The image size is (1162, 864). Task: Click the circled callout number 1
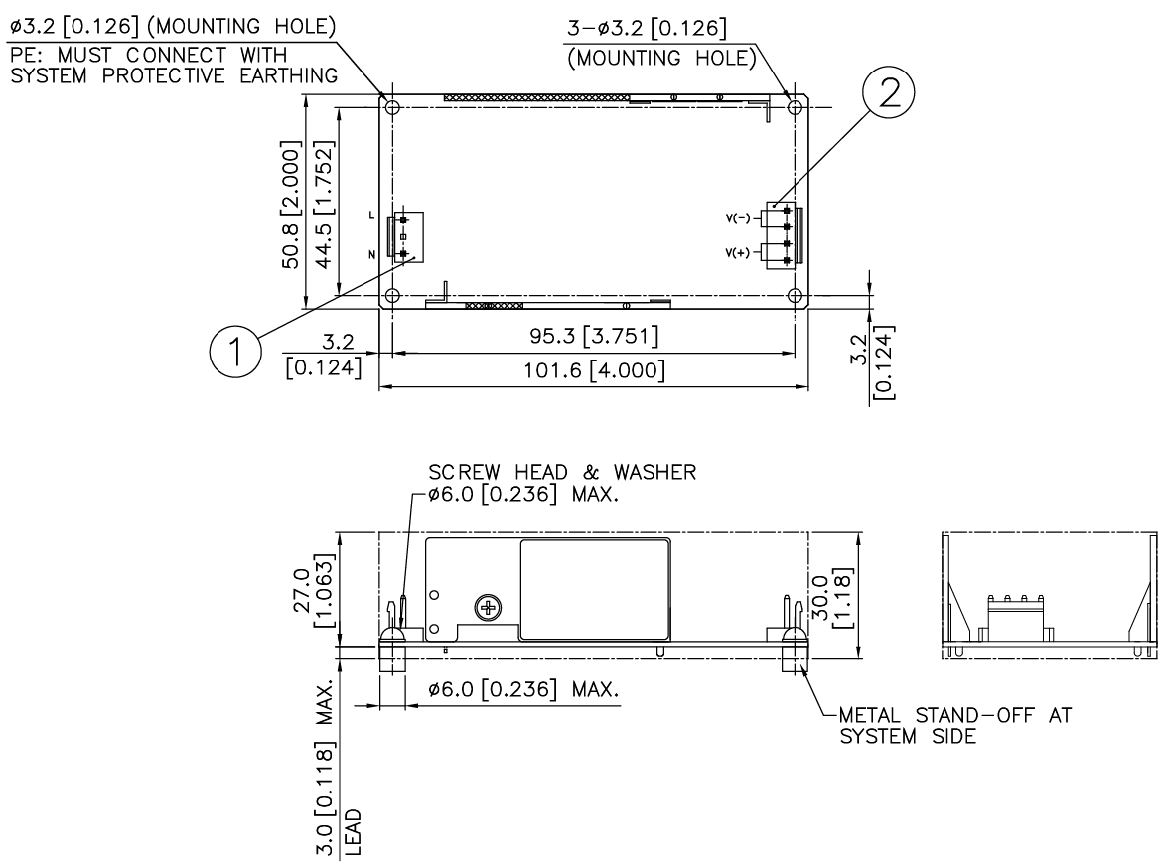(235, 351)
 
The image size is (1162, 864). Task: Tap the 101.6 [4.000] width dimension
(594, 370)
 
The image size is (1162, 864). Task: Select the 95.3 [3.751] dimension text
(594, 336)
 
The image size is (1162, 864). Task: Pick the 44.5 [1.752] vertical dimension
(325, 206)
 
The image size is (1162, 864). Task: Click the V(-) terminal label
(737, 217)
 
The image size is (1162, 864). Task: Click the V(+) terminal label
(737, 253)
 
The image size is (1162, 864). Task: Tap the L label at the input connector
(372, 216)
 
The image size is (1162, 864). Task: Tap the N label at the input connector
(372, 255)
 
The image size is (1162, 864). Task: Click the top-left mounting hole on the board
(392, 107)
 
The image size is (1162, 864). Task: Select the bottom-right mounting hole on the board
(796, 296)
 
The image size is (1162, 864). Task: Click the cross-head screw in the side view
(489, 609)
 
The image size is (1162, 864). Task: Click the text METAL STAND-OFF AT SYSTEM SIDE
(955, 726)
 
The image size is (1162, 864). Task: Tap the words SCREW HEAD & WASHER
(562, 472)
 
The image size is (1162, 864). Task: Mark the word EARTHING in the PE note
(289, 75)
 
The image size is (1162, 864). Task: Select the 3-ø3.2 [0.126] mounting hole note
(647, 28)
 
